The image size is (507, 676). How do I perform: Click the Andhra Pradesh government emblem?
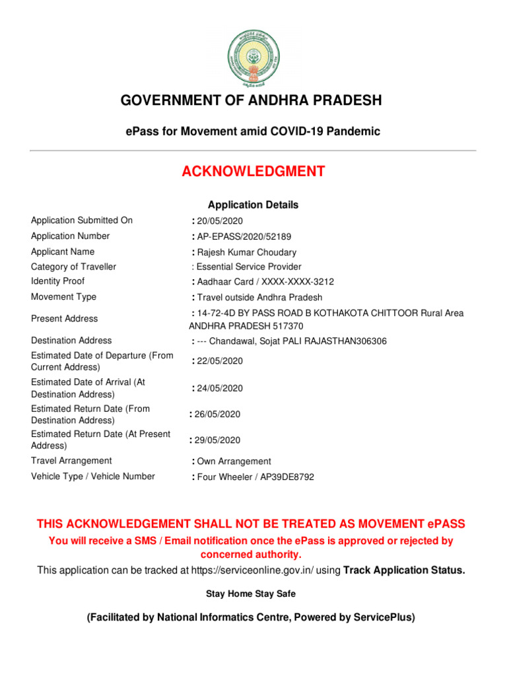tap(253, 58)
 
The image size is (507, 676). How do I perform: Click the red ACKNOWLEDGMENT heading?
tap(253, 172)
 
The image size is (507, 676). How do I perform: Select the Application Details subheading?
tap(253, 205)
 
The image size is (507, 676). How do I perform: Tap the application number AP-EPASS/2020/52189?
tap(244, 236)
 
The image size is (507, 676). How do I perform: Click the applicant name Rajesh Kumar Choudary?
tap(246, 252)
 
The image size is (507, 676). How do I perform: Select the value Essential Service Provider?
tap(249, 267)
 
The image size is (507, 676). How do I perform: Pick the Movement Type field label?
tap(63, 297)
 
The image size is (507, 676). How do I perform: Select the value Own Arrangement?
tap(234, 461)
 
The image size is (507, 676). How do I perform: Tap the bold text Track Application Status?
tap(404, 570)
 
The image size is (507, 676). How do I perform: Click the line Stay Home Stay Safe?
tap(251, 594)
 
